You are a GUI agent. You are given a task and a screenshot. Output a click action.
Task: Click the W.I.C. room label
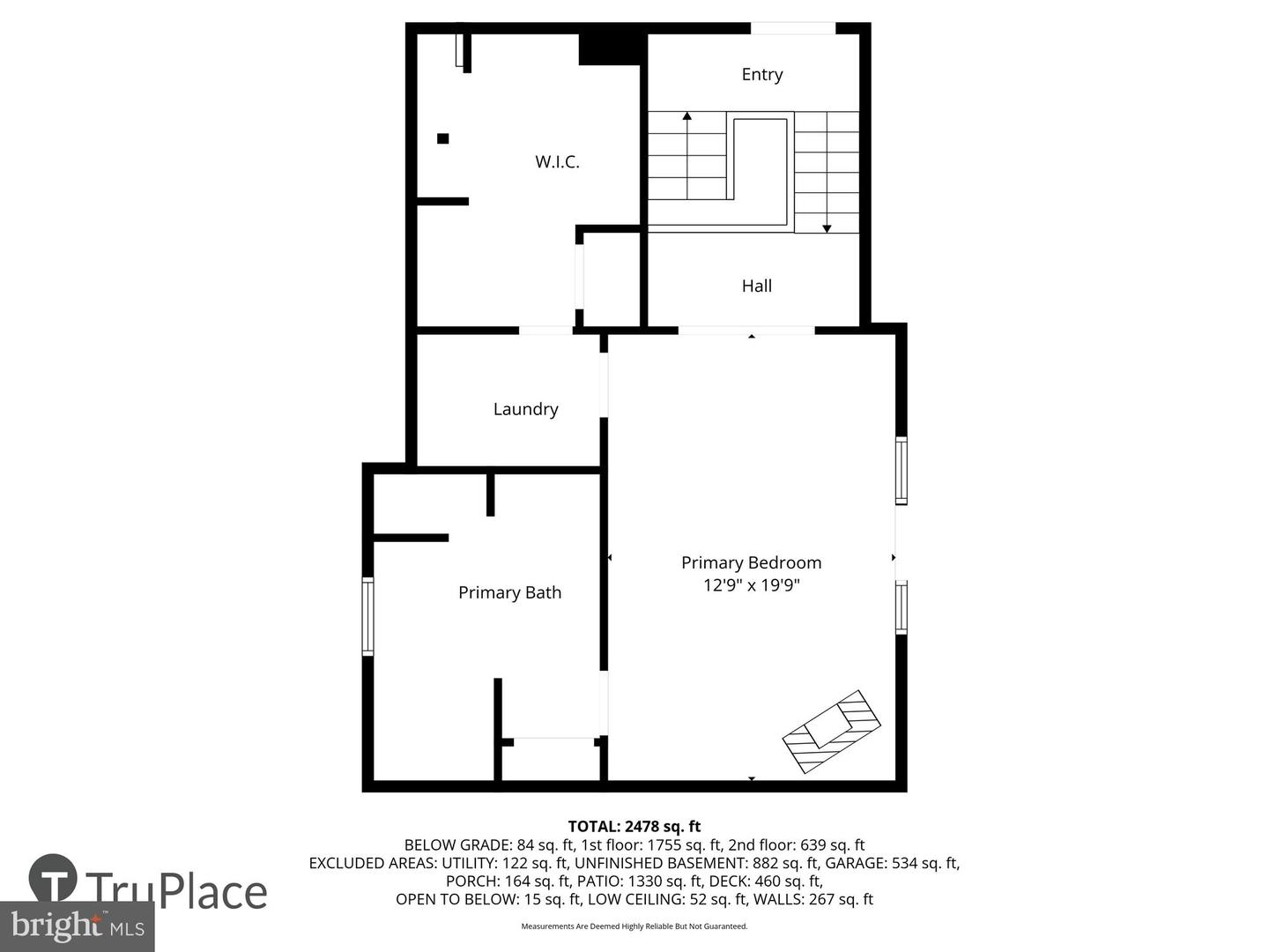[x=557, y=162]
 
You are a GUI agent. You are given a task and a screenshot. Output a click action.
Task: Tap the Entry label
[x=761, y=75]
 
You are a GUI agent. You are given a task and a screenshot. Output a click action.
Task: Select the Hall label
[x=756, y=286]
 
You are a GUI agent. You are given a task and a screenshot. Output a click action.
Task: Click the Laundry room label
[x=525, y=409]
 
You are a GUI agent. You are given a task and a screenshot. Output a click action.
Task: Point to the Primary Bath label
[x=509, y=592]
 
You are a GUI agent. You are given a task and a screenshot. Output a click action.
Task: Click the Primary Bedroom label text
[x=751, y=562]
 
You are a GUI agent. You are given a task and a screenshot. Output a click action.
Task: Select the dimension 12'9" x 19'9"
[x=751, y=585]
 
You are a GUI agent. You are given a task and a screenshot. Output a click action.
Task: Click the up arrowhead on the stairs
[x=686, y=116]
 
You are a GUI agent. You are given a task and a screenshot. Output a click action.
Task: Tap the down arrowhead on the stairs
[x=827, y=228]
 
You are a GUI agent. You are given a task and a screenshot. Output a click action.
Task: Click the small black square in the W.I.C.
[x=442, y=138]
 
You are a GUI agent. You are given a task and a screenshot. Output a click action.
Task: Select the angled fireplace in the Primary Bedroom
[x=831, y=731]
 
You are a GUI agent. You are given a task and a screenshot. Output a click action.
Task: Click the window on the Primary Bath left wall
[x=368, y=616]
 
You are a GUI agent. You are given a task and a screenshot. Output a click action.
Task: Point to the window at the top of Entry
[x=792, y=29]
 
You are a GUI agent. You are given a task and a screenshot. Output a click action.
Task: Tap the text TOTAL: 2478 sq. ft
[x=634, y=827]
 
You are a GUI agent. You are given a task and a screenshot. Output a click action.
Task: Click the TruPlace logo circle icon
[x=53, y=878]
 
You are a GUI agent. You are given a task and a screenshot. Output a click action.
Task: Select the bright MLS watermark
[x=78, y=926]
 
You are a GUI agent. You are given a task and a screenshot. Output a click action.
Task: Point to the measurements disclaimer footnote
[x=634, y=926]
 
